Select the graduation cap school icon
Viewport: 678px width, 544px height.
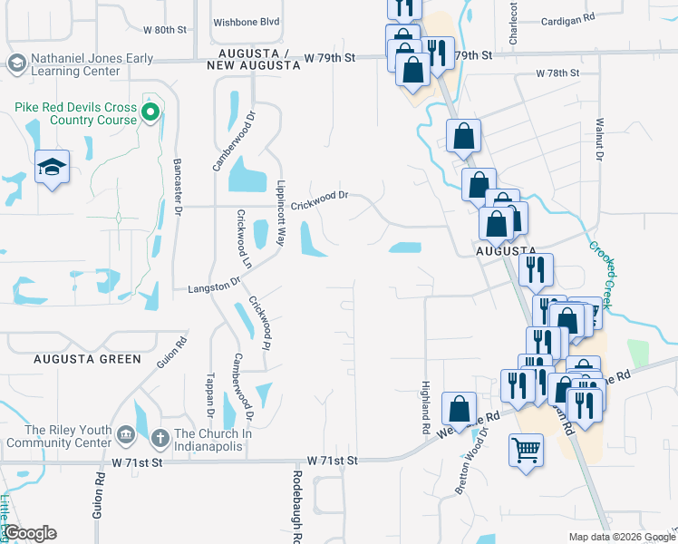[x=53, y=167]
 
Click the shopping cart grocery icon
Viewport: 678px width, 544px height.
[x=526, y=450]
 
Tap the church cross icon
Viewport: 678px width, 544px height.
[x=160, y=437]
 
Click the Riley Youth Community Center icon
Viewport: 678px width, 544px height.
[x=127, y=437]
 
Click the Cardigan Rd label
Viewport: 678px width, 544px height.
[x=567, y=18]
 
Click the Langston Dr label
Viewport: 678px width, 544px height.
[x=214, y=286]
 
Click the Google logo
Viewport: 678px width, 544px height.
[x=30, y=533]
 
